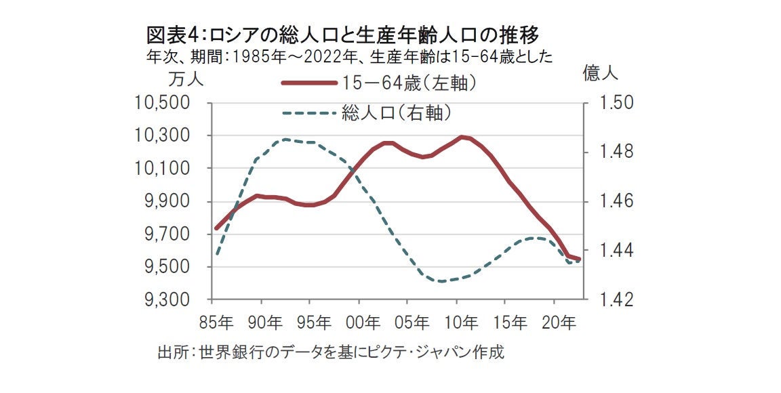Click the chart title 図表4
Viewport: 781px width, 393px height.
(x=345, y=34)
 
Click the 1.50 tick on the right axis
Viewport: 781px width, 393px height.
(x=614, y=103)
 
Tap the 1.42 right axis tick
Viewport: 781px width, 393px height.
(x=614, y=299)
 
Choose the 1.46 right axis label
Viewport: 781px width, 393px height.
(x=614, y=202)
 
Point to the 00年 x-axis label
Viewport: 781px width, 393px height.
(x=359, y=320)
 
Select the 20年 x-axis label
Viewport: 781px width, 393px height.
(x=555, y=320)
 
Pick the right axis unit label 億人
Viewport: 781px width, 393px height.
(x=600, y=74)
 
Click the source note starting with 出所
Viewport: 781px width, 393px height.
(x=331, y=353)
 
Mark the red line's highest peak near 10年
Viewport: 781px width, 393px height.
(x=463, y=137)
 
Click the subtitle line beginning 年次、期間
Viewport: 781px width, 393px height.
(x=349, y=56)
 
